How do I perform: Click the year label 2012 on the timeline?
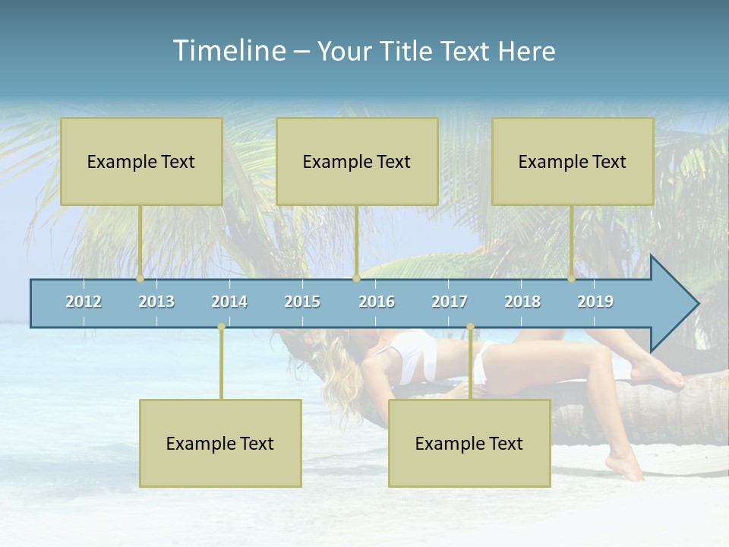point(84,302)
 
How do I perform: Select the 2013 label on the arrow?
point(156,302)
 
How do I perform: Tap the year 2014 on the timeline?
point(229,302)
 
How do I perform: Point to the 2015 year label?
point(302,302)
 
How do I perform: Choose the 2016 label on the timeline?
point(377,302)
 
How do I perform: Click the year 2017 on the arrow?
point(450,302)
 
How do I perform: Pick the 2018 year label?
point(522,302)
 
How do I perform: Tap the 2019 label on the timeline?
point(595,302)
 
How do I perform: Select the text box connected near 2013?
point(141,161)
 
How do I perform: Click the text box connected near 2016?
point(357,161)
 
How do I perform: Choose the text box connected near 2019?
point(573,161)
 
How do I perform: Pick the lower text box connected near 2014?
point(220,443)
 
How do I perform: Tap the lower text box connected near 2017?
point(469,443)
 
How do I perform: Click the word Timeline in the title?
point(229,51)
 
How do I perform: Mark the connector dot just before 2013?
point(140,279)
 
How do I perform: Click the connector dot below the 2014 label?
point(221,327)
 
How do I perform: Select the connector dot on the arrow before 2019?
point(571,279)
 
